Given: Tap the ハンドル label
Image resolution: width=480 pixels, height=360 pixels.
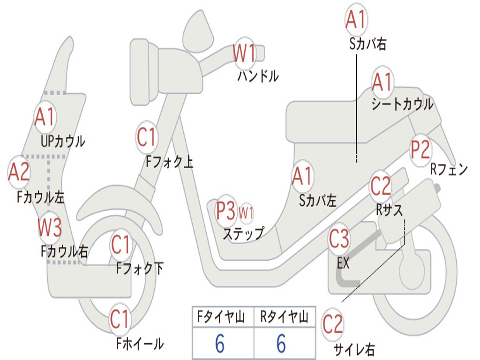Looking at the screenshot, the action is [x=258, y=75].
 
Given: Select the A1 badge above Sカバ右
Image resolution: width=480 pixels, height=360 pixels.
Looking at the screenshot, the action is [x=356, y=19].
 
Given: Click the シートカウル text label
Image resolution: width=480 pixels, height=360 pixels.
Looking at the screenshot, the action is [x=402, y=104].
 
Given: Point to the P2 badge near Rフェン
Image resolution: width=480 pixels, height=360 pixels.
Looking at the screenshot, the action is [x=420, y=150].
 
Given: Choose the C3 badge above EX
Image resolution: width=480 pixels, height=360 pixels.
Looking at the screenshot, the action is [x=338, y=239].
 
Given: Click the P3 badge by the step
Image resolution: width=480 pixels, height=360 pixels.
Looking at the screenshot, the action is [x=226, y=210].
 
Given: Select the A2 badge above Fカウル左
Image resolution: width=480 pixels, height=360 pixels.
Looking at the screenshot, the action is [x=19, y=172].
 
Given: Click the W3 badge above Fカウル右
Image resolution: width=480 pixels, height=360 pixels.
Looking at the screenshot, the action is [x=50, y=227].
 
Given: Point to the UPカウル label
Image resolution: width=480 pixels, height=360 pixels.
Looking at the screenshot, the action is [x=63, y=142].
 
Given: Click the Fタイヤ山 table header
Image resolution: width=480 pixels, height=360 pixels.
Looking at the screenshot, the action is [x=221, y=316].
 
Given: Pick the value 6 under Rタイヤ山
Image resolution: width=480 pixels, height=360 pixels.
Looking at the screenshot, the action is [x=281, y=343].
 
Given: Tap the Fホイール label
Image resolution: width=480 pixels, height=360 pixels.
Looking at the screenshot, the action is [x=140, y=344].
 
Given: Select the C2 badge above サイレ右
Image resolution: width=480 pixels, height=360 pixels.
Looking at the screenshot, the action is [x=332, y=324].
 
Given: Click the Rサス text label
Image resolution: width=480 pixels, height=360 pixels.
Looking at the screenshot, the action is [x=389, y=210].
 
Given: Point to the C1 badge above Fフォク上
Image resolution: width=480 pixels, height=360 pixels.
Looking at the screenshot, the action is [x=147, y=137].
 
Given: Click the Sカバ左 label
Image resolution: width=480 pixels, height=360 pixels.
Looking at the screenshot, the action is [x=317, y=201].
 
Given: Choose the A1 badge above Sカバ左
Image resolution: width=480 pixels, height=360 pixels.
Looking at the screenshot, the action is [x=302, y=176].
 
